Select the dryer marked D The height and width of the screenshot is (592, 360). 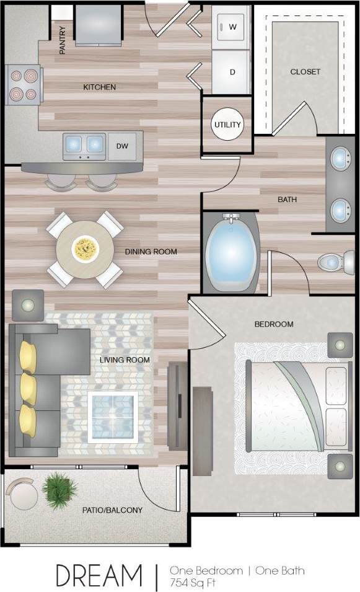pos(232,72)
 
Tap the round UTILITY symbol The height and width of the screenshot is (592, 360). pos(227,125)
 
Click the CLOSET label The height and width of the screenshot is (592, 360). pos(305,72)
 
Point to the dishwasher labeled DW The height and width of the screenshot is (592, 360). pos(122,146)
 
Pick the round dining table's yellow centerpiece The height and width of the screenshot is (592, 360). pos(84,249)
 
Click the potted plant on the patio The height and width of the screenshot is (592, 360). pos(59,489)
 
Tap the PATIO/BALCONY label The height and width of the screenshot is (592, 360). pos(113,510)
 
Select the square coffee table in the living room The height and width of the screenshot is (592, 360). pos(112,416)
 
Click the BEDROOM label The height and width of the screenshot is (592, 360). pos(274,324)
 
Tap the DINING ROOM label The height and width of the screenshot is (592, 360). pos(151,252)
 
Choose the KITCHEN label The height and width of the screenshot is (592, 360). pos(100,87)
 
